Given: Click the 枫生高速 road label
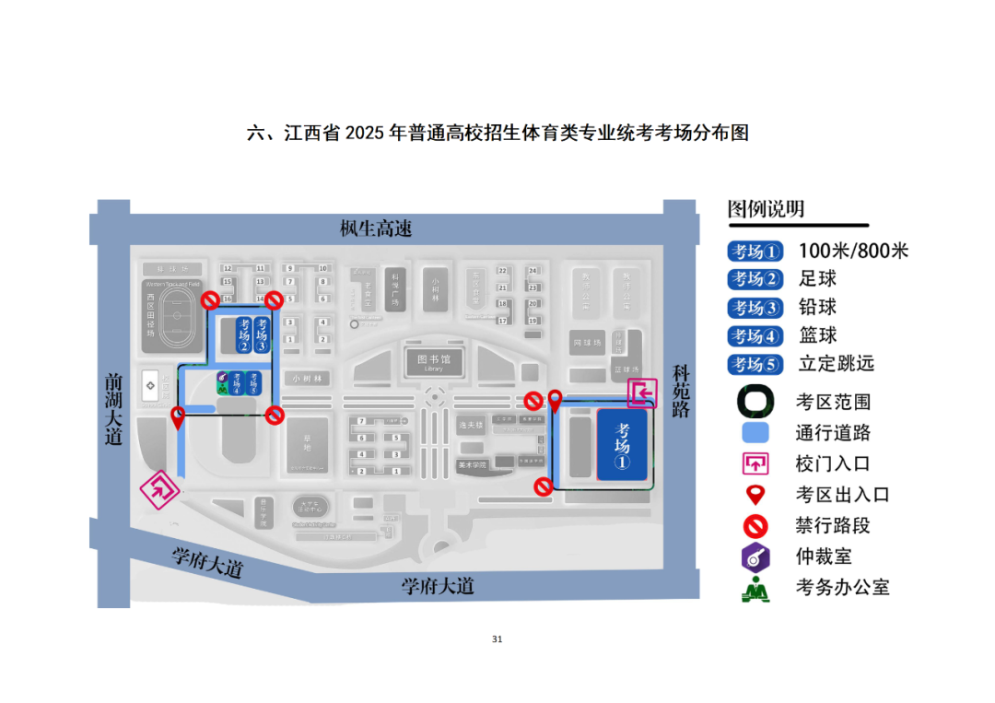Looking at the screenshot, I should click(376, 228).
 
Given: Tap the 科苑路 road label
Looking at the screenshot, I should click(681, 391).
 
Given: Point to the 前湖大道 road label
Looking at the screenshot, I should click(113, 409).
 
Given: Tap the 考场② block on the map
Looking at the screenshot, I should click(243, 335).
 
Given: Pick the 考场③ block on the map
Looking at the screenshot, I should click(262, 335).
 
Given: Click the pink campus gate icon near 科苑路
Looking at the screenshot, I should click(643, 393).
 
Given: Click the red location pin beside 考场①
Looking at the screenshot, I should click(555, 401).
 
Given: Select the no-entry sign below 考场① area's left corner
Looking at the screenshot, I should click(544, 486).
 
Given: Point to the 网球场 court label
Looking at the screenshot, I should click(587, 343).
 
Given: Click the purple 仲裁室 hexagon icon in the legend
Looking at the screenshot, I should click(755, 556).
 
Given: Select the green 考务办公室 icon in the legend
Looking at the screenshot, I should click(755, 588).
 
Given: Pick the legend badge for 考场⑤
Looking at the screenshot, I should click(755, 364).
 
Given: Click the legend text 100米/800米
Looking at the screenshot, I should click(853, 251).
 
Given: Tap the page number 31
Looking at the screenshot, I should click(497, 639).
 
